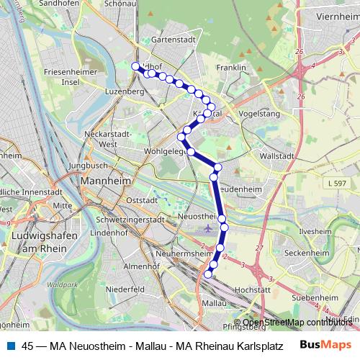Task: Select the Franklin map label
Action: tap(231, 68)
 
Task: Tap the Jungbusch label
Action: tap(89, 166)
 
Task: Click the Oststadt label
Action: tap(141, 199)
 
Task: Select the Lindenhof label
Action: tap(110, 233)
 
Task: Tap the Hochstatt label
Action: tap(253, 289)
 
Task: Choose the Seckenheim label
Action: tap(306, 253)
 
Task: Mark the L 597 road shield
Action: tap(336, 185)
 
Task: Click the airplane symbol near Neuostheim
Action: tap(208, 229)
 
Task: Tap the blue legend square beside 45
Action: tap(9, 346)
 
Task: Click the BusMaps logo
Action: tap(325, 345)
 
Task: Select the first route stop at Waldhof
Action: tap(135, 66)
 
